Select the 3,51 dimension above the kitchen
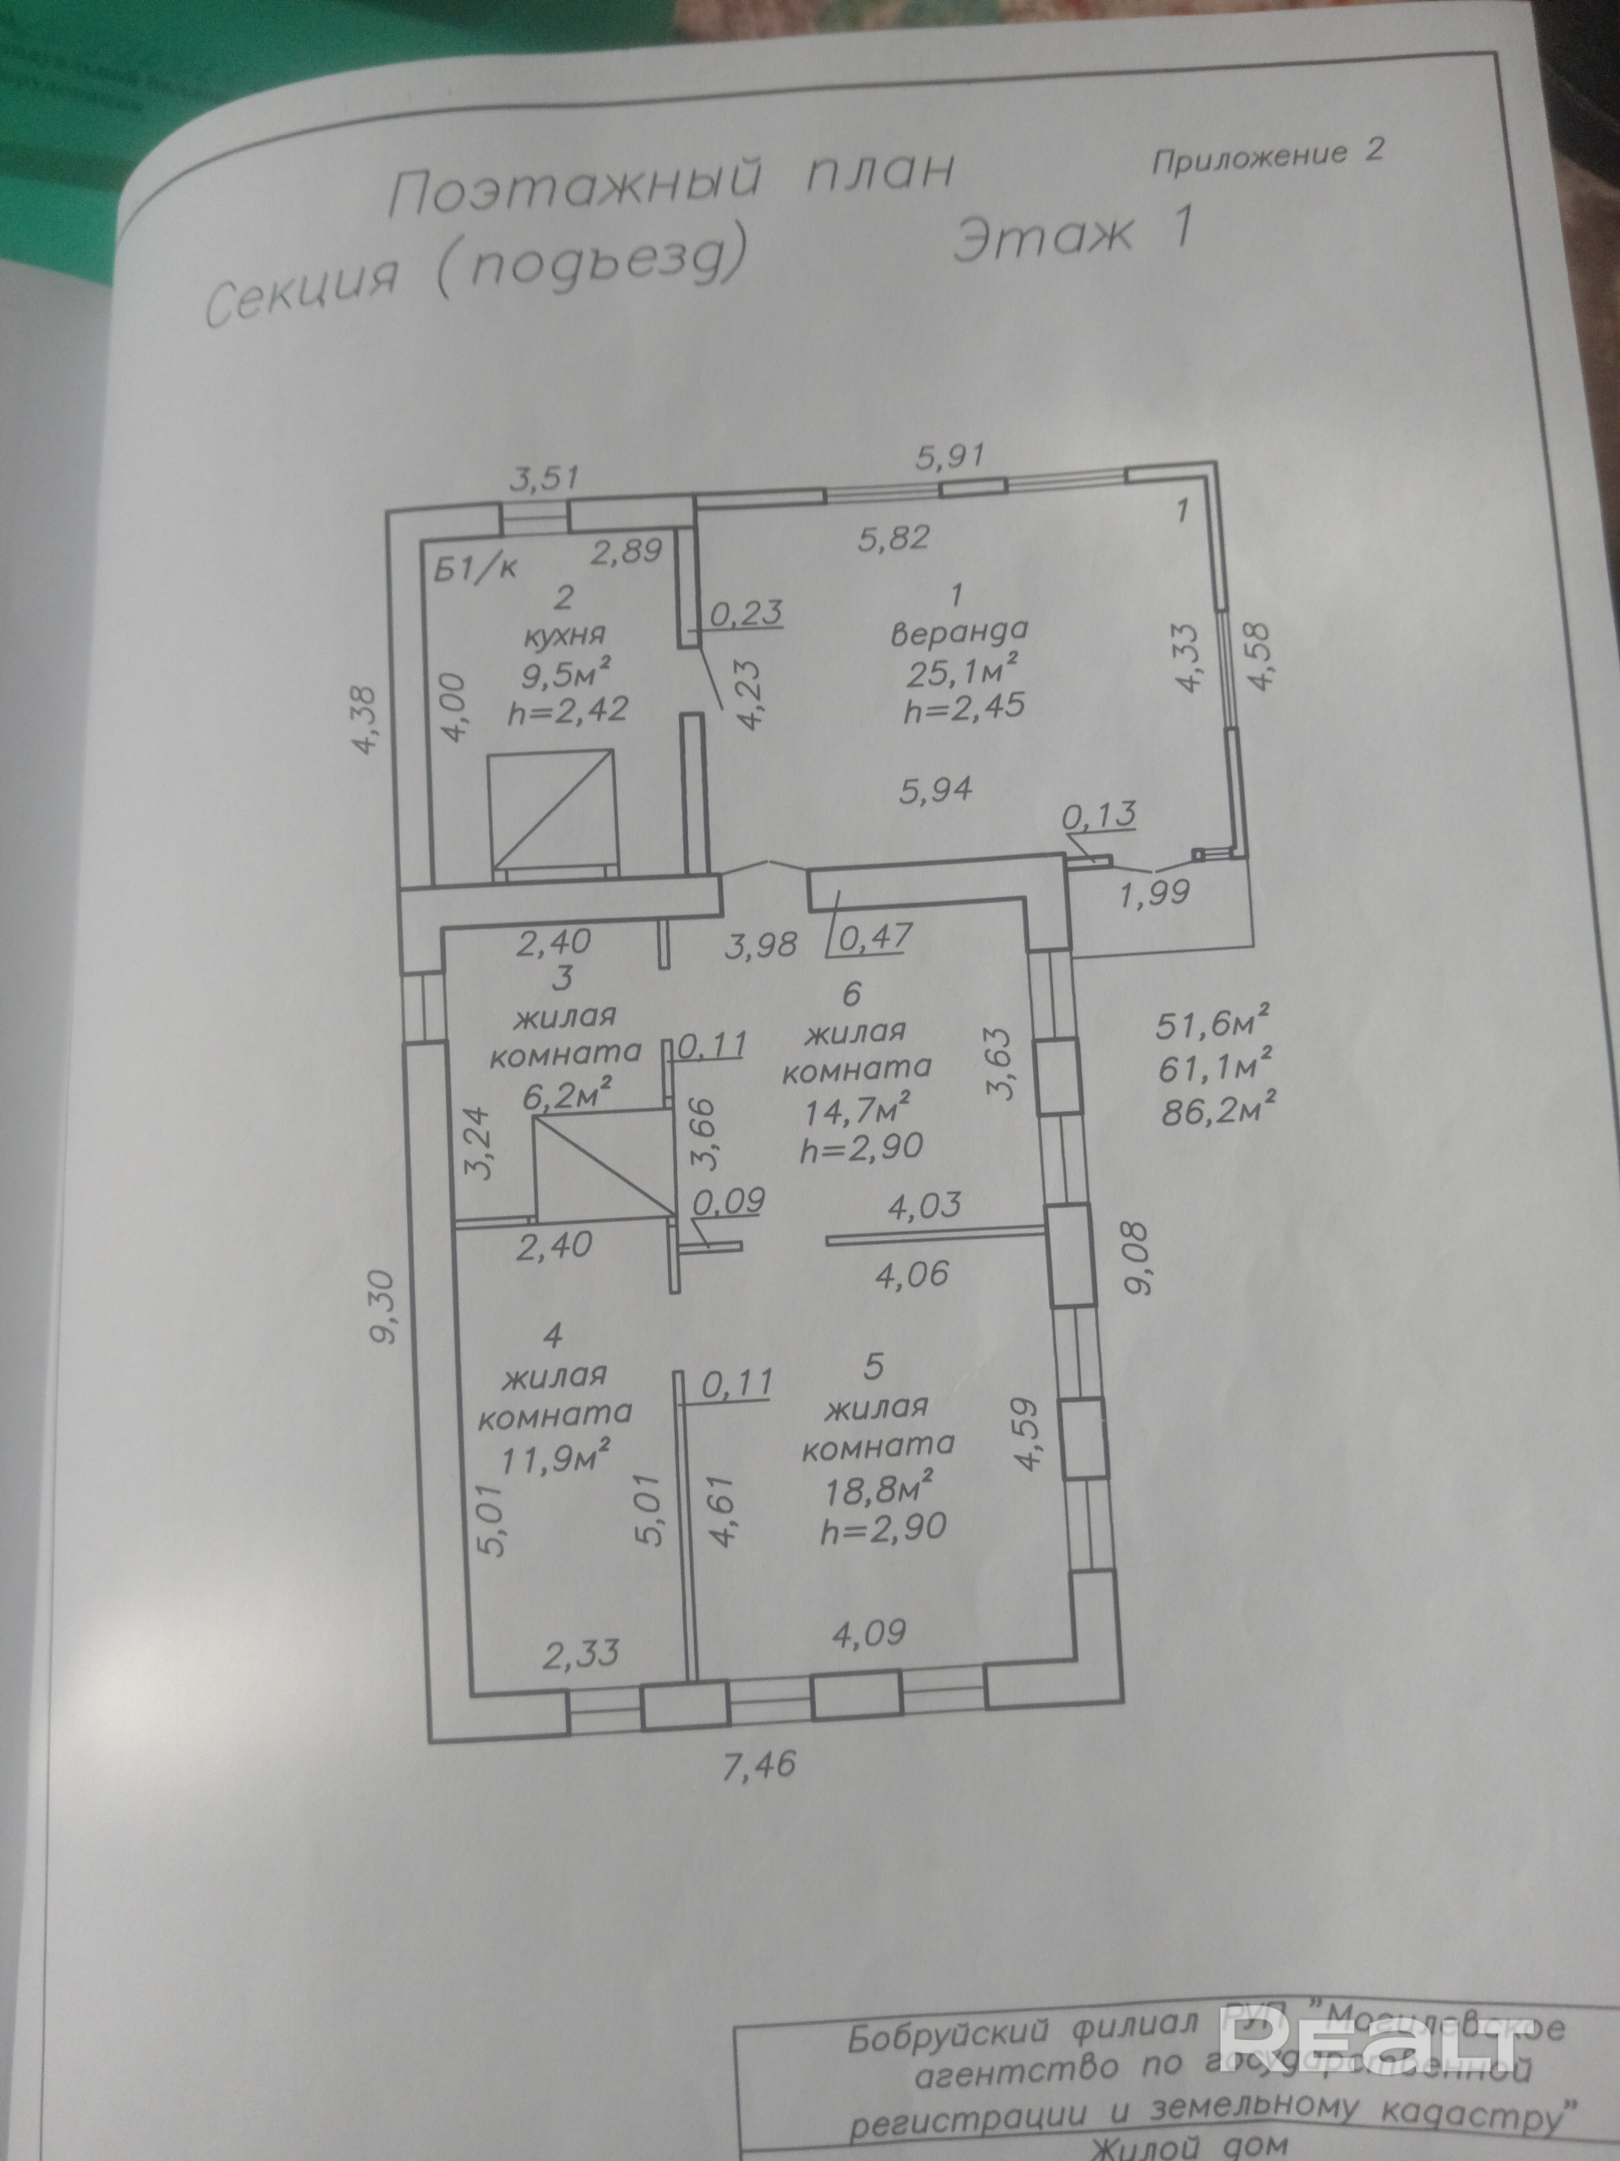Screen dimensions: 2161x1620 (x=545, y=479)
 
